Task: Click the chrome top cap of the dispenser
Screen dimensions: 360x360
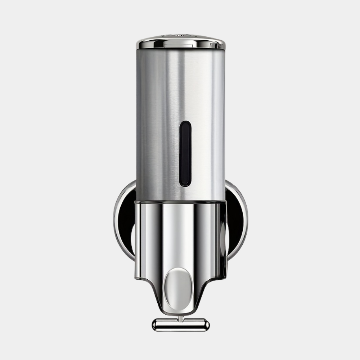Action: point(181,42)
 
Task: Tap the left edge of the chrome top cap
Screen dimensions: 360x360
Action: point(138,45)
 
